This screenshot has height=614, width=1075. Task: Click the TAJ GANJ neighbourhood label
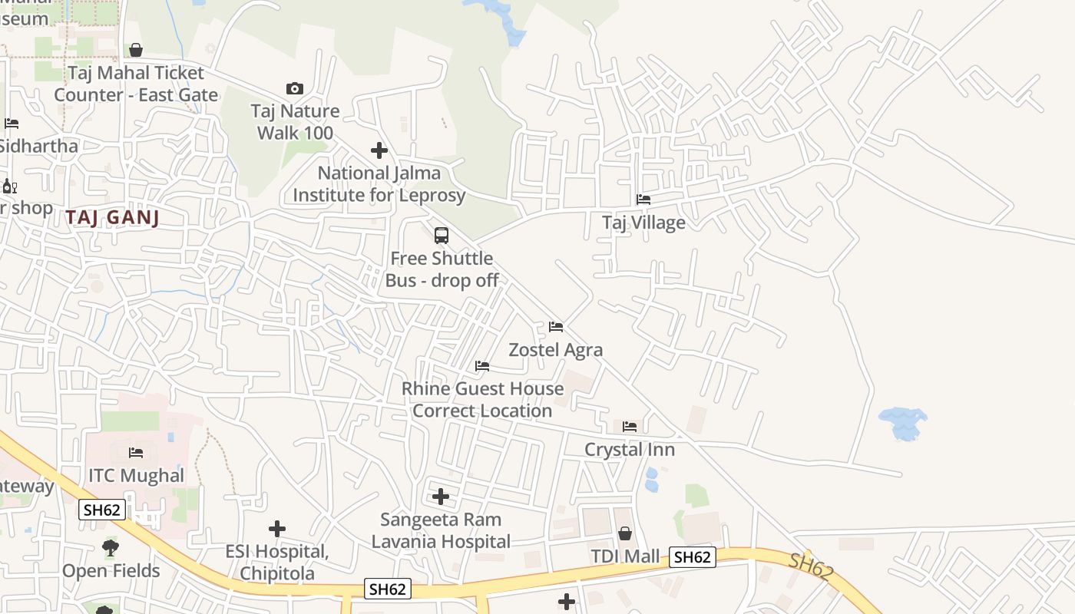(112, 218)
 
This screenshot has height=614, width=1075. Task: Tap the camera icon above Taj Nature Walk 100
(294, 89)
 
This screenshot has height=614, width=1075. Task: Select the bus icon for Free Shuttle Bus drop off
(442, 236)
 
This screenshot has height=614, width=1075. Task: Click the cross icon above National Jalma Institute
(379, 150)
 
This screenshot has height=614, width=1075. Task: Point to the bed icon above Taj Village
(643, 200)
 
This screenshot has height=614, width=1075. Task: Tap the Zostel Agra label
(556, 350)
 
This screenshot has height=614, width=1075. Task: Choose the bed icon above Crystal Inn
(630, 427)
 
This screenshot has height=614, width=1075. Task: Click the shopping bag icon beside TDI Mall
(626, 533)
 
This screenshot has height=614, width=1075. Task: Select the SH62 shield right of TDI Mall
(693, 557)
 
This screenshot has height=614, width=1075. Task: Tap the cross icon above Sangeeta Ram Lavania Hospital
(441, 497)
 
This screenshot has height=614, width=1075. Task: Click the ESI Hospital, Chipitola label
(276, 563)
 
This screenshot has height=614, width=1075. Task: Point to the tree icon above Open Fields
(111, 548)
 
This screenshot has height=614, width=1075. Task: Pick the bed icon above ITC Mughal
(136, 453)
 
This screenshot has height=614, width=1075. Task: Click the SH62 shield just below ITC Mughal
(101, 510)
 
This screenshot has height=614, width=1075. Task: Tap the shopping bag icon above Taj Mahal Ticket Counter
(136, 51)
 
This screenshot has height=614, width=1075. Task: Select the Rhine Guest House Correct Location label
(482, 400)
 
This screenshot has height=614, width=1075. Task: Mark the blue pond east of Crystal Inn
(902, 423)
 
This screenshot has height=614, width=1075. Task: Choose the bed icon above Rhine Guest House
(482, 366)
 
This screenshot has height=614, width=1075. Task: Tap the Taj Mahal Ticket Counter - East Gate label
(136, 84)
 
